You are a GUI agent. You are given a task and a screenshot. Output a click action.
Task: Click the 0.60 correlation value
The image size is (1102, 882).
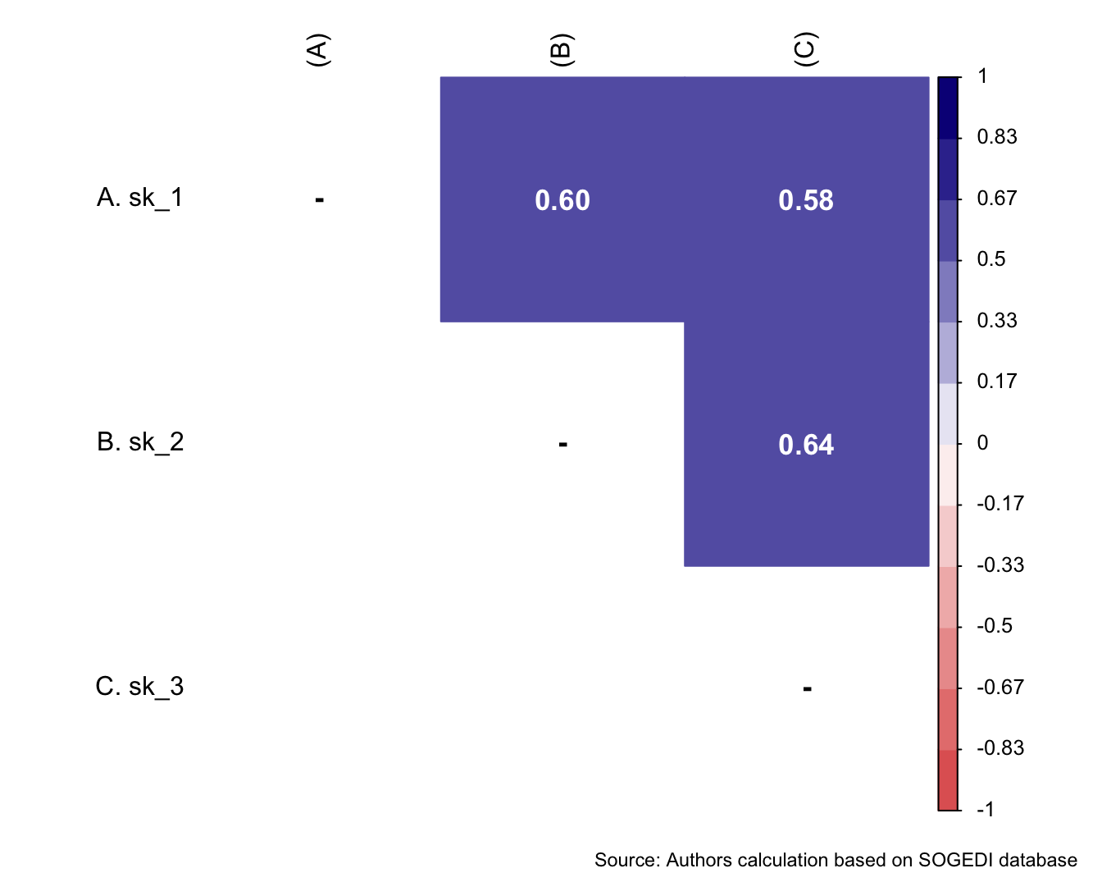[562, 200]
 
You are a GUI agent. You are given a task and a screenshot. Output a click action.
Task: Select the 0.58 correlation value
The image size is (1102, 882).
[806, 200]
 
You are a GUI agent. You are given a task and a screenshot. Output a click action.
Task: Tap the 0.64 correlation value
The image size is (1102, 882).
[806, 445]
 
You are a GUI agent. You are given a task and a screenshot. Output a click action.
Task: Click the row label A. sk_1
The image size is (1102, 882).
[139, 198]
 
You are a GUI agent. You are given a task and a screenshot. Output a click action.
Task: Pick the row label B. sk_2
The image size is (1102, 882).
[139, 442]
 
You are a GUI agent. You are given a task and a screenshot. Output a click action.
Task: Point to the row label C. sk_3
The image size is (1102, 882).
[139, 687]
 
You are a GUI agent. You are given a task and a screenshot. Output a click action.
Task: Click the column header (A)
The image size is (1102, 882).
[317, 49]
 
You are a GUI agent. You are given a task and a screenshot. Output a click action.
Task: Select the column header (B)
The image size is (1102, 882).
[561, 49]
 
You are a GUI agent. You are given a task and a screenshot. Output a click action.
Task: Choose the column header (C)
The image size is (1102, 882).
[805, 49]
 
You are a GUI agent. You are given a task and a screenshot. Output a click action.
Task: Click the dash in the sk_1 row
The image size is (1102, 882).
[319, 199]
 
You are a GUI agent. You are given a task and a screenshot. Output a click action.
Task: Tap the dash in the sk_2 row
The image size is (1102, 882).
[562, 444]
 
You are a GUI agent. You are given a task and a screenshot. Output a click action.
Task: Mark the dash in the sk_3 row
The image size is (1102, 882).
[807, 688]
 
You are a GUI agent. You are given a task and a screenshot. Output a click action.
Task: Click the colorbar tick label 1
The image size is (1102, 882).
[982, 77]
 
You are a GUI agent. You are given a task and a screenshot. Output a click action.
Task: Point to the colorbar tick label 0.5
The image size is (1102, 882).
[990, 259]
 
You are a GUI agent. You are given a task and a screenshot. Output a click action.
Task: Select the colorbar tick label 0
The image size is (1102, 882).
[982, 443]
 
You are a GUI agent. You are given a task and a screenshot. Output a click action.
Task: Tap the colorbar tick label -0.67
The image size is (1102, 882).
[1000, 687]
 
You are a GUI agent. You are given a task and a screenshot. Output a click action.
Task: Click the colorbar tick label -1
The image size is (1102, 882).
[985, 809]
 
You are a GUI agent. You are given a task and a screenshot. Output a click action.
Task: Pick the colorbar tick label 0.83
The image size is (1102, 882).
[996, 137]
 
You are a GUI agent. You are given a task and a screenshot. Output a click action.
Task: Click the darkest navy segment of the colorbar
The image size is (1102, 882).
[948, 107]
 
